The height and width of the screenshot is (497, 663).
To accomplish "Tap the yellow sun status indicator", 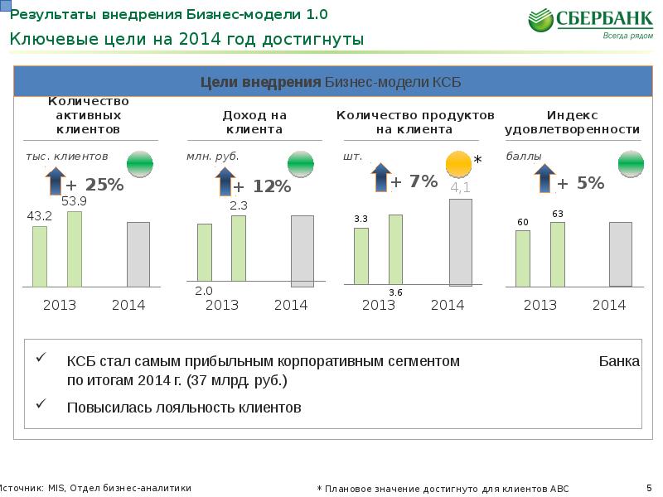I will pos(458,166).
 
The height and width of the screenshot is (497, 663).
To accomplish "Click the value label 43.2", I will pos(40,215).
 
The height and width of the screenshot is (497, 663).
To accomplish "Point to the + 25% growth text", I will pos(94,185).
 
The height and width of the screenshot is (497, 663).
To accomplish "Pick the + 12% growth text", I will pos(262,187).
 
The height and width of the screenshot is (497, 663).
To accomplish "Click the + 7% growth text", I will pos(414,181).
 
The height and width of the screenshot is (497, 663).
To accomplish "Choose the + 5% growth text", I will pos(580,183).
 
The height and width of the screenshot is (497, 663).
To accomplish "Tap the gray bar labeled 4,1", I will pos(460,242).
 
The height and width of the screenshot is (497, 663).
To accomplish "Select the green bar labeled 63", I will pos(557,253).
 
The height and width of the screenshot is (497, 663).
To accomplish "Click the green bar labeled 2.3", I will pos(239,248).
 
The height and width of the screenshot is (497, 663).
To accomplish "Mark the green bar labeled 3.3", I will pos(361,256).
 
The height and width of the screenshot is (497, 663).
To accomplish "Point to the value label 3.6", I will pos(395,293).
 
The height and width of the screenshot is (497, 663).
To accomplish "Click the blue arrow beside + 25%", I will pos(56,180).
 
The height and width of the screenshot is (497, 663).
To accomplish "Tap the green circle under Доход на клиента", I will pos(300,163).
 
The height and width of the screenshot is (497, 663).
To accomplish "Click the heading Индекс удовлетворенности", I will pos(572,123).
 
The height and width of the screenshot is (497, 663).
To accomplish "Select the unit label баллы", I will pos(523,156).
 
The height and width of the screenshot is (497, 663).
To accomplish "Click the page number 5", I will pos(649,487).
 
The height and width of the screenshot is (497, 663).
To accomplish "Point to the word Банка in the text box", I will pos(618,361).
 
